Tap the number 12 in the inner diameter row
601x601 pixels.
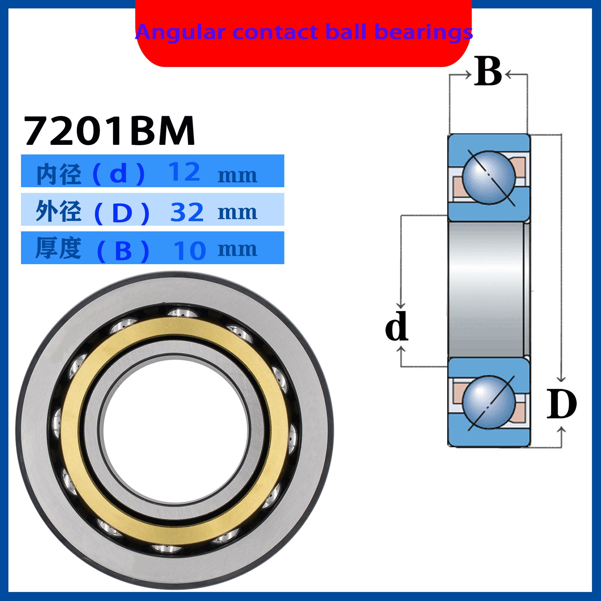click(x=184, y=172)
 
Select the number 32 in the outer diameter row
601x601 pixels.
click(x=187, y=212)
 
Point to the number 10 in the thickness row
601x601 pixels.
click(x=190, y=251)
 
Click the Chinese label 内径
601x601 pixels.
click(x=59, y=174)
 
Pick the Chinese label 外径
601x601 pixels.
click(x=58, y=211)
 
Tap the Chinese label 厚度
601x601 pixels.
click(x=58, y=248)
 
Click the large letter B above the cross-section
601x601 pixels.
click(x=488, y=71)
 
